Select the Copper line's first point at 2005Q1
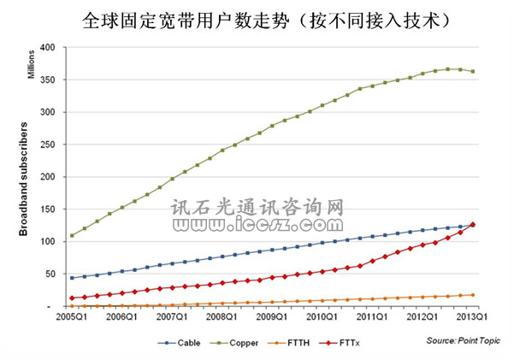coord(72,235)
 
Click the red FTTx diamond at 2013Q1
coord(473,225)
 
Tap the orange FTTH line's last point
coord(473,295)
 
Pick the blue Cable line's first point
coord(72,278)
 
